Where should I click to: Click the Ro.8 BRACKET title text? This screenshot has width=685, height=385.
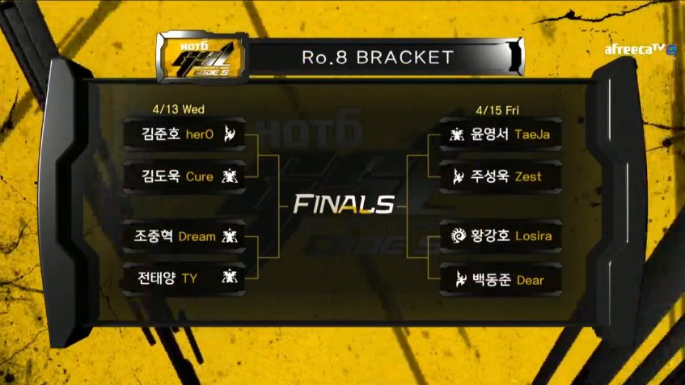pos(378,57)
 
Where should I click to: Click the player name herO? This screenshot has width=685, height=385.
pos(200,134)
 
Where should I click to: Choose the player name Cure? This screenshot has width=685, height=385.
pos(200,176)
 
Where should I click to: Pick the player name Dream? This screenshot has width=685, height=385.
pos(197,237)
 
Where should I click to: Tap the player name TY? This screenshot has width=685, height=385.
pos(189,278)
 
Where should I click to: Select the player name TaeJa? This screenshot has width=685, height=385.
pos(532,134)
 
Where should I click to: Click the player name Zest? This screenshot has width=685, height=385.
pos(528,176)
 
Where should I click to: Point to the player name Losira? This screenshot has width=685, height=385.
pos(533,237)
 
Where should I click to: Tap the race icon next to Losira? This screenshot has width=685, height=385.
pos(459,236)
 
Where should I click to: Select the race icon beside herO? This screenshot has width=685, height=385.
pos(230,134)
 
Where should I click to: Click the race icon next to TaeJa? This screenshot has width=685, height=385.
pos(458,134)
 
